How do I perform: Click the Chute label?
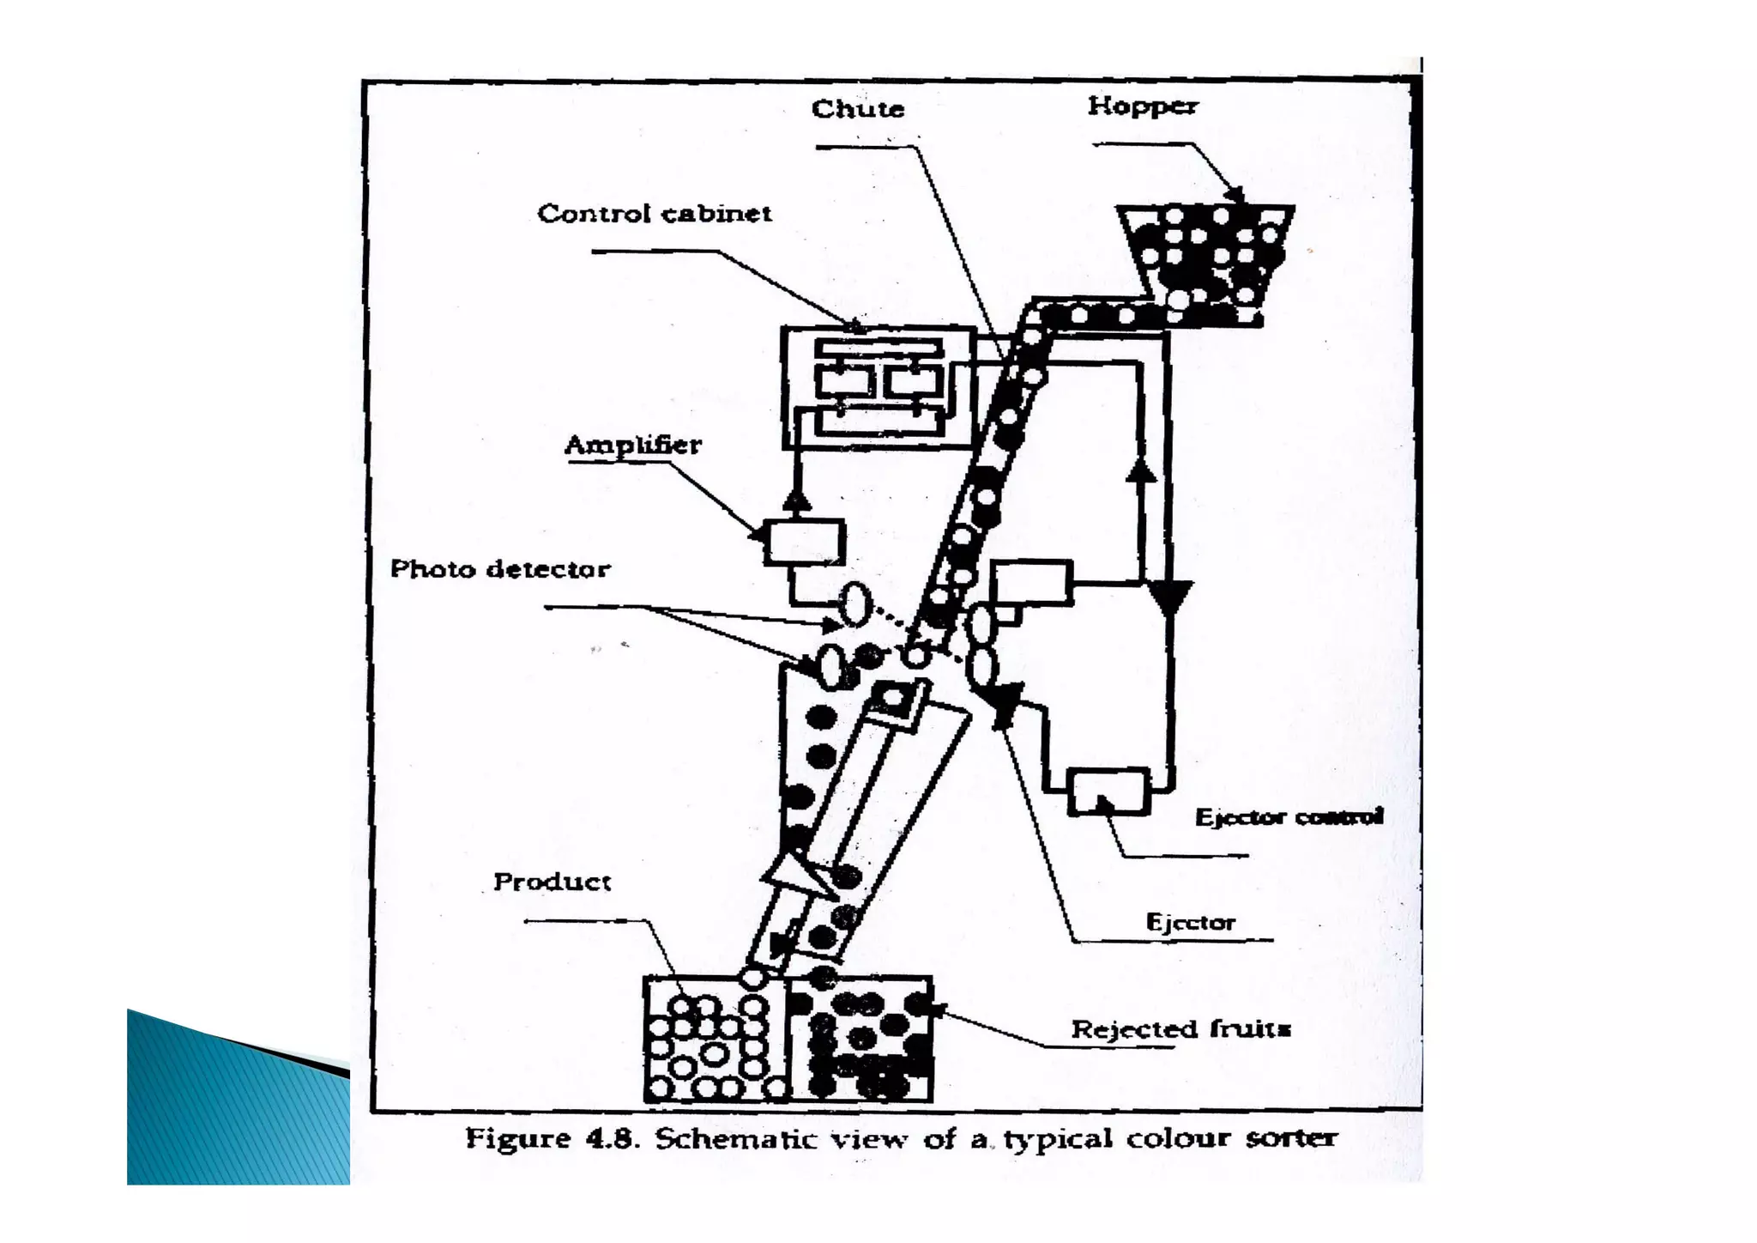pos(858,109)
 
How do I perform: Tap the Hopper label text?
pos(1143,106)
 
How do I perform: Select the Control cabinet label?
pos(655,213)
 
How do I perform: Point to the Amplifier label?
pos(633,445)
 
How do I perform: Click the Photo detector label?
pos(500,568)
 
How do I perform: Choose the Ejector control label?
pos(1289,816)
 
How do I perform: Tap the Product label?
pos(552,882)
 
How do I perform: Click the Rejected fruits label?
pos(1181,1028)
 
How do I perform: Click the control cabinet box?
pos(878,387)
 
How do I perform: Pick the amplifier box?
pos(804,543)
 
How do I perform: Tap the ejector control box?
pos(1108,791)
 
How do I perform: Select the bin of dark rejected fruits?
pos(860,1040)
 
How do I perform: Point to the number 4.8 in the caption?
pos(613,1139)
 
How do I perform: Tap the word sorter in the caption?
pos(1290,1138)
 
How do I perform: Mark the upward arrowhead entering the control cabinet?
pos(797,500)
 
